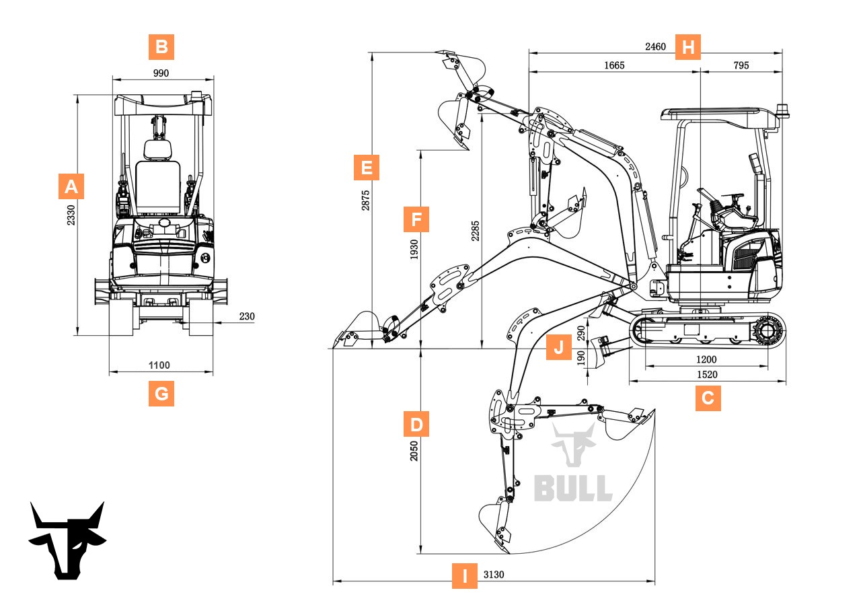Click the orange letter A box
click(x=71, y=186)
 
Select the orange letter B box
click(x=161, y=47)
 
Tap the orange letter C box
click(x=708, y=398)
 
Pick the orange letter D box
click(x=416, y=425)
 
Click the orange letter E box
click(x=367, y=167)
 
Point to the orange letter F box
click(x=416, y=219)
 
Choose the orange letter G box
click(x=161, y=393)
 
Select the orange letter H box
click(x=687, y=47)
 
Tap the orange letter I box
click(x=464, y=576)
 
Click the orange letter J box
click(x=558, y=348)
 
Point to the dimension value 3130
click(x=494, y=575)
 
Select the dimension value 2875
click(x=365, y=200)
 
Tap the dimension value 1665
click(x=614, y=65)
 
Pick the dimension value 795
click(x=741, y=65)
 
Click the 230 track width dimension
click(x=247, y=316)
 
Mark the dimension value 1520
click(x=706, y=375)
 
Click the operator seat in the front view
click(x=158, y=178)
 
